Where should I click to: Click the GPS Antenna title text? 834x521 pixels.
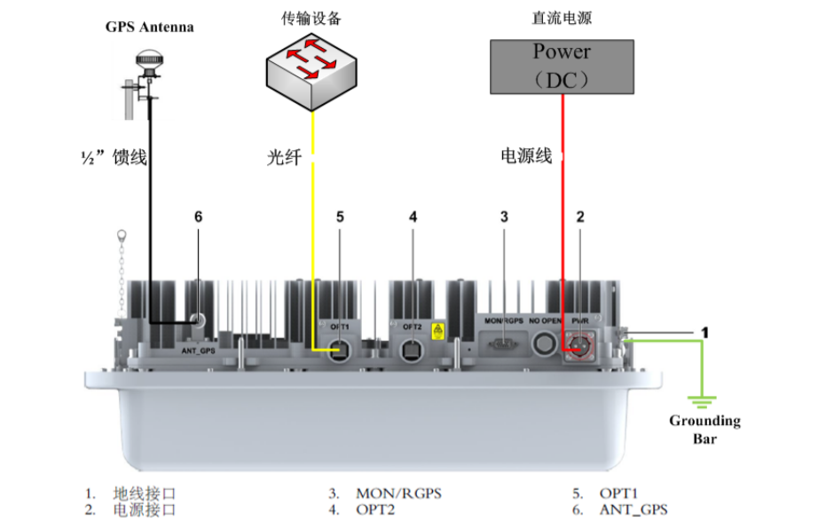point(149,27)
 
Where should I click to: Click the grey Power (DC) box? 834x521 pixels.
point(563,66)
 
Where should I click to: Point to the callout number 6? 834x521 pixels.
point(198,216)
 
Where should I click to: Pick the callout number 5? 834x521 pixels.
point(340,216)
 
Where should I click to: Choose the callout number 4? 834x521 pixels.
point(413,216)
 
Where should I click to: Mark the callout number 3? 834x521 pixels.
point(504,216)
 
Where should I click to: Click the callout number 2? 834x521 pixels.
point(580,216)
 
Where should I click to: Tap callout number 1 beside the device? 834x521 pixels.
point(704,332)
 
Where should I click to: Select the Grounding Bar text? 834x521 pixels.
point(704,429)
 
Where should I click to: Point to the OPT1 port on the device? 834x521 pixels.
point(340,351)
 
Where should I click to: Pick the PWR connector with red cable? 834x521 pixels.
point(580,346)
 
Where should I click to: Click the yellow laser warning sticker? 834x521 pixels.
point(437,331)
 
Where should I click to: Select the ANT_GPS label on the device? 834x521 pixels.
point(199,349)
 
